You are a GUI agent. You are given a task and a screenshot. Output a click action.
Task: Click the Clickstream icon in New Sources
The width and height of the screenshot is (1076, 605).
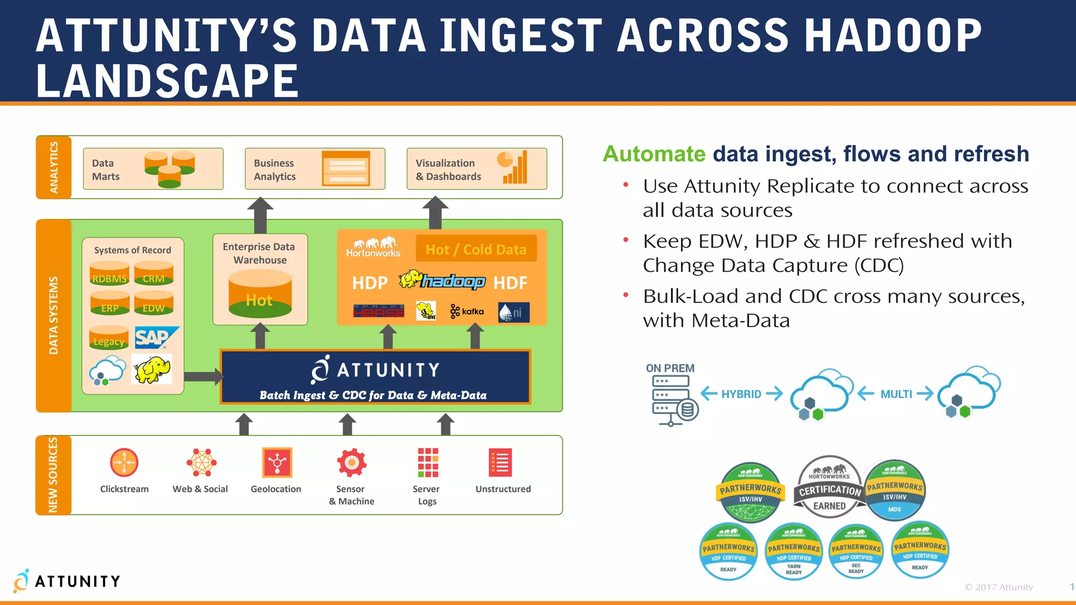point(124,463)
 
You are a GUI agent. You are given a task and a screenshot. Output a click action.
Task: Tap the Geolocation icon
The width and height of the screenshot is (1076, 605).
point(277,463)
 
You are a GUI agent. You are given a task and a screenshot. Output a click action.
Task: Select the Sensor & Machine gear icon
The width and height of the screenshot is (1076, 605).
point(351,463)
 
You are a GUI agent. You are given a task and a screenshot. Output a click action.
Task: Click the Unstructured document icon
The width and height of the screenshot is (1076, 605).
point(500,463)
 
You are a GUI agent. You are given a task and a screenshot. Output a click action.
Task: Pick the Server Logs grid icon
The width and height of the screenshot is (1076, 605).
point(428,463)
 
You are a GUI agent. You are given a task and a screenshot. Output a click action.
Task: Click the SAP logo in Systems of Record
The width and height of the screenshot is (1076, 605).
point(156,338)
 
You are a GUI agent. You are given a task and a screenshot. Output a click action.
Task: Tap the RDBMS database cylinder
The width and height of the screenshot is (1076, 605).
point(109,275)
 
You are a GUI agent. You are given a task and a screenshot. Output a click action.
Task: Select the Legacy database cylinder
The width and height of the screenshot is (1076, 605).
point(109,338)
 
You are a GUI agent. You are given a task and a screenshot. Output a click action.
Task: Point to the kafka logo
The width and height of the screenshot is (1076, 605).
point(467,311)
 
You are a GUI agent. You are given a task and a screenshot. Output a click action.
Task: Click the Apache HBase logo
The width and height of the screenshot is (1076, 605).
point(379,311)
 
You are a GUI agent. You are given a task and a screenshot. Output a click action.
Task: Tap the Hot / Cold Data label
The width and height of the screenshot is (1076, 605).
point(476,249)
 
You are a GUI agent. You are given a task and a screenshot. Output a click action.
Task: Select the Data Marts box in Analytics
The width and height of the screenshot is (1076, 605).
point(153,169)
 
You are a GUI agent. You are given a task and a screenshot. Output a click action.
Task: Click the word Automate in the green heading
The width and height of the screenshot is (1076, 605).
point(654,154)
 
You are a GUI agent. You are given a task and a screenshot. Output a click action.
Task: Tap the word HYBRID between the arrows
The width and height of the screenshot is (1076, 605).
point(741,394)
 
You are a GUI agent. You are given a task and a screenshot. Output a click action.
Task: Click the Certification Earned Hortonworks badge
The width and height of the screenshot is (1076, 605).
point(830,487)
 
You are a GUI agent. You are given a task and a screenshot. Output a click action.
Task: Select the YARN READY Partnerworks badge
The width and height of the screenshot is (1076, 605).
point(793,551)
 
